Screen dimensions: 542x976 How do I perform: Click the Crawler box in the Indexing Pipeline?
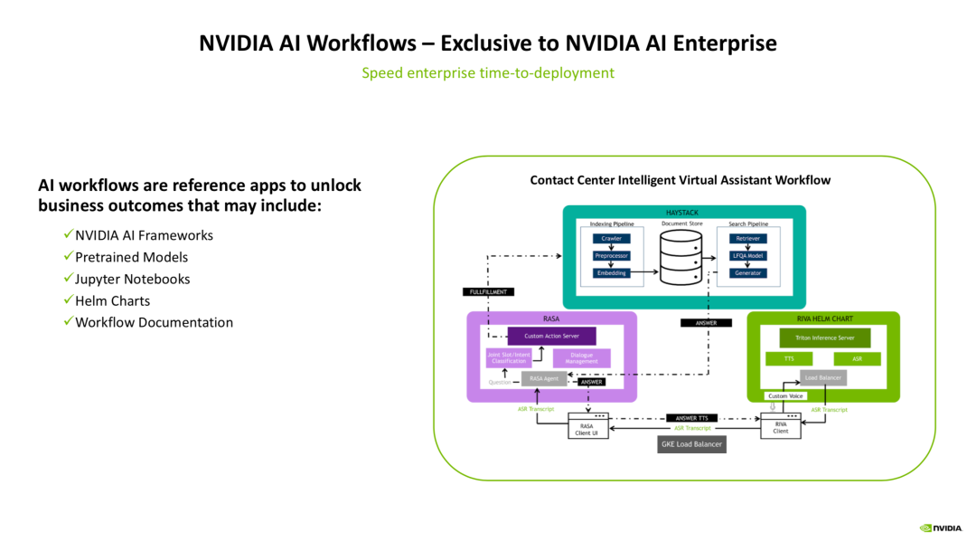(611, 239)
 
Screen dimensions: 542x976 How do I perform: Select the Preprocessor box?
(611, 256)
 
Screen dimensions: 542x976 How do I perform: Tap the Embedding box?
(611, 273)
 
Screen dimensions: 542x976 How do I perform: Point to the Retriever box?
(748, 239)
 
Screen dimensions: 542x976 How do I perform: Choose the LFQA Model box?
(748, 256)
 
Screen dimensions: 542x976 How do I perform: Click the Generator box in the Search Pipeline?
(748, 273)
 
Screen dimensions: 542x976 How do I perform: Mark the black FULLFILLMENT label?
(488, 292)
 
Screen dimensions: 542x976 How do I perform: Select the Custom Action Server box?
(551, 336)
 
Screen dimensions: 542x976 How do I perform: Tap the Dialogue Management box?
(581, 358)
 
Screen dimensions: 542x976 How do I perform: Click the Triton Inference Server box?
(824, 338)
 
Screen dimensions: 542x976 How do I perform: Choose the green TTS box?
(790, 359)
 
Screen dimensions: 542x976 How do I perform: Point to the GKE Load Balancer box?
(692, 444)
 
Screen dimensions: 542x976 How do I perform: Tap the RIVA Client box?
(781, 426)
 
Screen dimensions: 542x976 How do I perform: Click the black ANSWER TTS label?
(691, 418)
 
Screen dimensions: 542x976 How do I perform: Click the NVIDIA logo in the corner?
(941, 528)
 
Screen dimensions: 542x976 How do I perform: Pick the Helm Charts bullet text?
(112, 300)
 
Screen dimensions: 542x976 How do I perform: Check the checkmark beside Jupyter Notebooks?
(68, 279)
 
